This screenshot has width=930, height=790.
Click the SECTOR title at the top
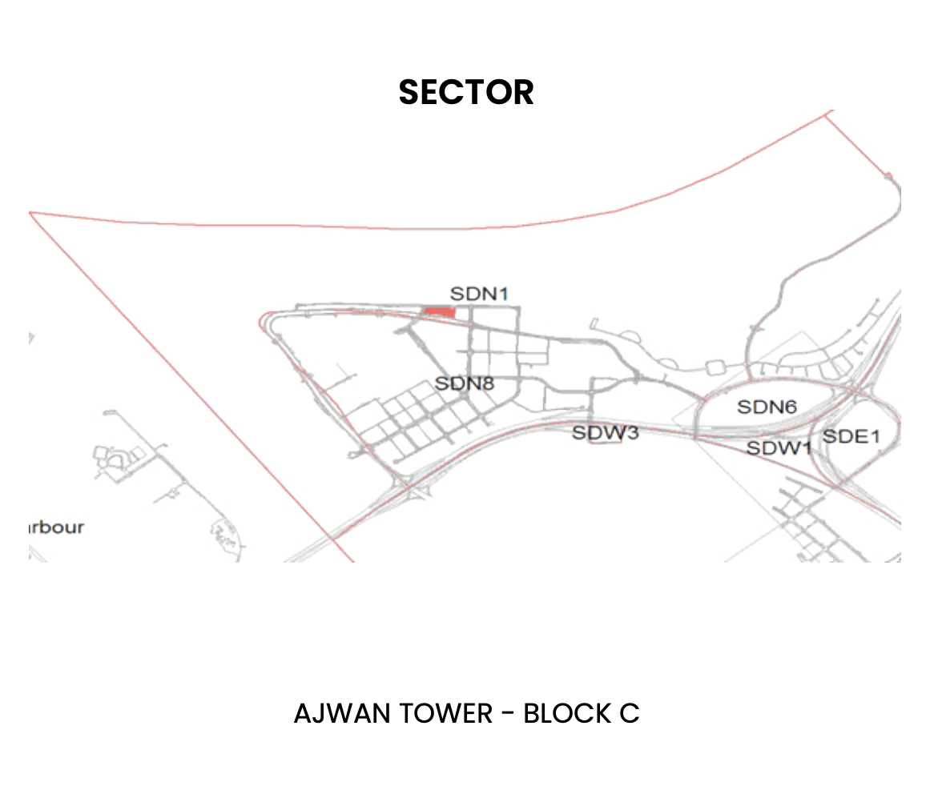coord(466,92)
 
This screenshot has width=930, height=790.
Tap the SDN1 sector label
coord(479,294)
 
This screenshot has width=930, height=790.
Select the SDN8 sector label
coord(465,383)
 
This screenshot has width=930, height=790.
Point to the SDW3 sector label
coord(605,433)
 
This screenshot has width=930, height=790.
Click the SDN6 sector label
coord(767,407)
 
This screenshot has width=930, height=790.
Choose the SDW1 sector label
coord(779,447)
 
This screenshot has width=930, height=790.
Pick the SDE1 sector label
coord(851,436)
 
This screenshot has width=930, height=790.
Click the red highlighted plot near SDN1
coord(439,311)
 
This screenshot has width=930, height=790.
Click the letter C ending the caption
coord(629,713)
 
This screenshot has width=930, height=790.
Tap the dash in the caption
coord(508,713)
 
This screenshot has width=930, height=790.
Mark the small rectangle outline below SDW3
coord(605,446)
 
